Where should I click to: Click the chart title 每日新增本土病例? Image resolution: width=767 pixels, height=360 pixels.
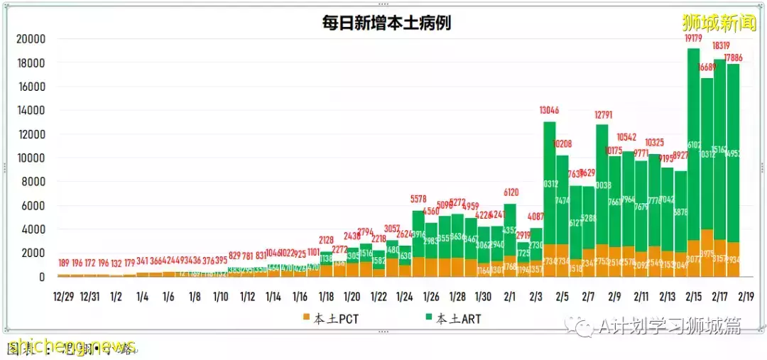tap(386, 23)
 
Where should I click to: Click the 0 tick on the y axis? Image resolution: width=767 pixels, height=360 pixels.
tap(42, 277)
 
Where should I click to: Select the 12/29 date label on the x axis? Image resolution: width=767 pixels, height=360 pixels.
tap(64, 295)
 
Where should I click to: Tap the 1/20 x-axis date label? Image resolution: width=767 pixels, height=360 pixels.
tap(352, 295)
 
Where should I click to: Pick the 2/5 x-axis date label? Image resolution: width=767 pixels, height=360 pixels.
tap(562, 295)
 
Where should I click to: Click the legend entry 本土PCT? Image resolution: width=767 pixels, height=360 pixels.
tap(331, 319)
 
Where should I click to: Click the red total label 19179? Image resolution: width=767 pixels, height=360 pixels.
tap(693, 38)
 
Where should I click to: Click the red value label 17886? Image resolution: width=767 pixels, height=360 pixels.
tap(734, 58)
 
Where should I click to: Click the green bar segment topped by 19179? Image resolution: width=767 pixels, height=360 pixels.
tap(693, 142)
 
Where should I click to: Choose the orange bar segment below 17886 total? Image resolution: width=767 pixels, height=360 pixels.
tap(733, 260)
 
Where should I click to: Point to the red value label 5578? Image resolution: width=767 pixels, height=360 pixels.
tap(418, 200)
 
